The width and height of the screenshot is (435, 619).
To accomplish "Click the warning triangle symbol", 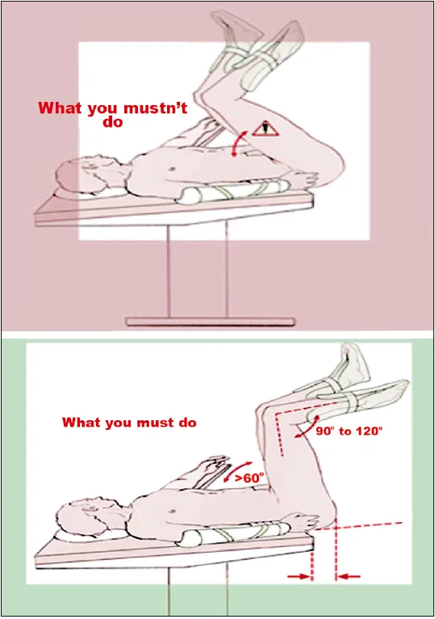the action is click(266, 129).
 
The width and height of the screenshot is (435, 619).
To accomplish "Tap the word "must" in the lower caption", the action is click(150, 423).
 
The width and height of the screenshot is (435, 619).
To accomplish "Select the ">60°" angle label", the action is click(249, 478).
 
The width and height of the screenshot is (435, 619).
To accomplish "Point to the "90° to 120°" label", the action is click(349, 431).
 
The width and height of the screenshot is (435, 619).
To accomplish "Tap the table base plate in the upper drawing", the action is click(210, 322).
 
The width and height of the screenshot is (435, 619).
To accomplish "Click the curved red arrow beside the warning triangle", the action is click(238, 144).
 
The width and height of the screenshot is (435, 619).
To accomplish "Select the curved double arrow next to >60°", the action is click(237, 471).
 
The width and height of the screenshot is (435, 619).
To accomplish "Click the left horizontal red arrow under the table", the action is click(299, 577).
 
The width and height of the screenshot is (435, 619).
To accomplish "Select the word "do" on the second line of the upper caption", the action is click(113, 121).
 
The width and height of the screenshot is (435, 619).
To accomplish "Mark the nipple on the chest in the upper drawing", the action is click(172, 169).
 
